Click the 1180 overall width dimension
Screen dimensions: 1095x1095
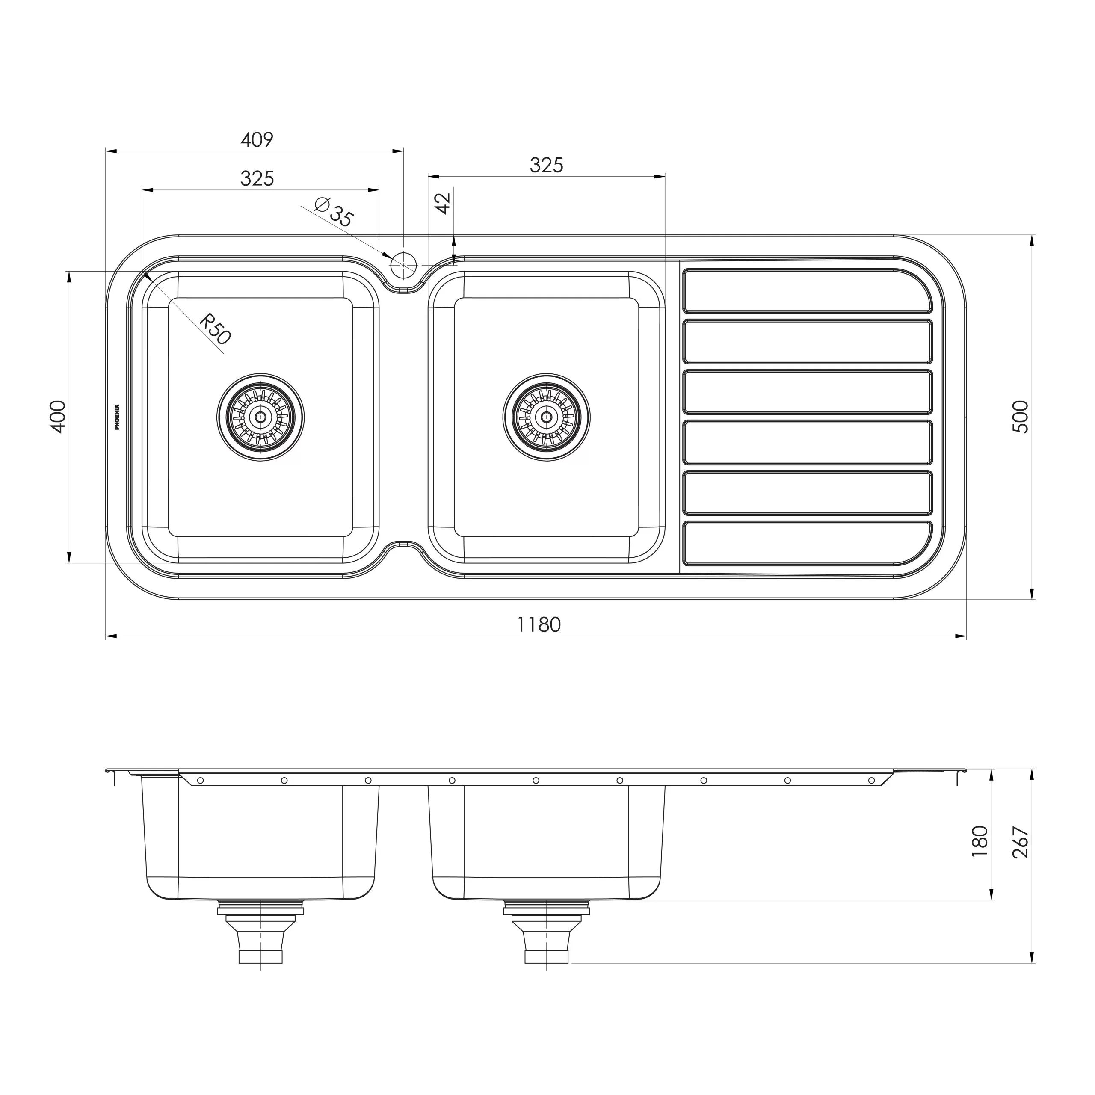[x=539, y=624]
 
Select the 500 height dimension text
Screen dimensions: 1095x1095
[x=1020, y=417]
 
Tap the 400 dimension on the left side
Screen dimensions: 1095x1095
[x=58, y=417]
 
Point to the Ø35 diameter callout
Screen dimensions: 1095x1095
[x=335, y=212]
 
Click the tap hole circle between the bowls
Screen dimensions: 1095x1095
[x=403, y=264]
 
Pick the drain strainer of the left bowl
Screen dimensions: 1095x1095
[x=261, y=417]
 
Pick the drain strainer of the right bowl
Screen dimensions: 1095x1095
[x=546, y=417]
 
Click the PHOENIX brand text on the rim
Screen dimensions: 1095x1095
[x=117, y=417]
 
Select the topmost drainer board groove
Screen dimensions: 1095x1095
[x=807, y=290]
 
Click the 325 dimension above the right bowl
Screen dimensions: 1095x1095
[x=546, y=165]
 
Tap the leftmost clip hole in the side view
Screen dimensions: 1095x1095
[x=200, y=781]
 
